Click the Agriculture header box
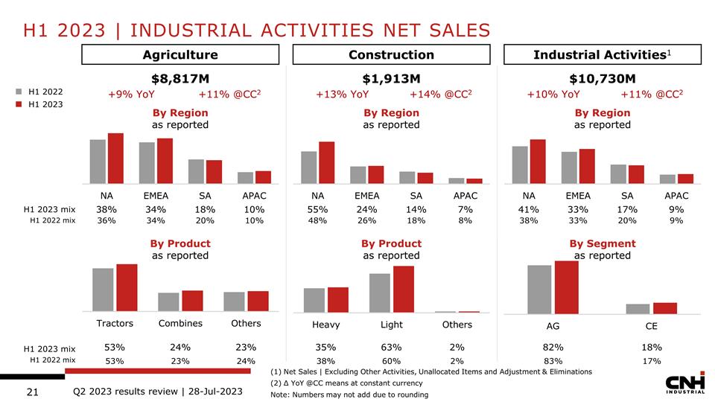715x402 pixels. click(180, 54)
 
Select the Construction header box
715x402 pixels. click(391, 54)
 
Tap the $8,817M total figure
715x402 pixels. click(180, 78)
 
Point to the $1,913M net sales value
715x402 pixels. click(391, 78)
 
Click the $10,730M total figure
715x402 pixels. click(603, 78)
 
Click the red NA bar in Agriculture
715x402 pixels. click(115, 158)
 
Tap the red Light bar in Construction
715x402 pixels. click(404, 289)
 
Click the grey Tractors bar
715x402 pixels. click(103, 290)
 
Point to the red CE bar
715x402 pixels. click(665, 307)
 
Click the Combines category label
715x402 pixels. click(180, 323)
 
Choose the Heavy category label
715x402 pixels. click(326, 325)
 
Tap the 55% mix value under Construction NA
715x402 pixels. click(319, 209)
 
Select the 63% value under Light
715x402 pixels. click(391, 347)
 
